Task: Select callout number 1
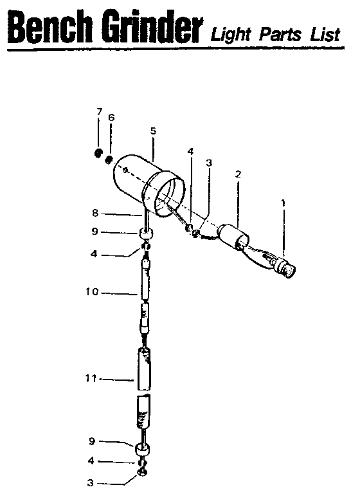(283, 203)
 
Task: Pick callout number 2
(239, 174)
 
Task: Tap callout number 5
(153, 131)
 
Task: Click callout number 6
(111, 118)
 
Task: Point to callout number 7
(99, 112)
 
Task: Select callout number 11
(91, 379)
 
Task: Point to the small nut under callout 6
(109, 159)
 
